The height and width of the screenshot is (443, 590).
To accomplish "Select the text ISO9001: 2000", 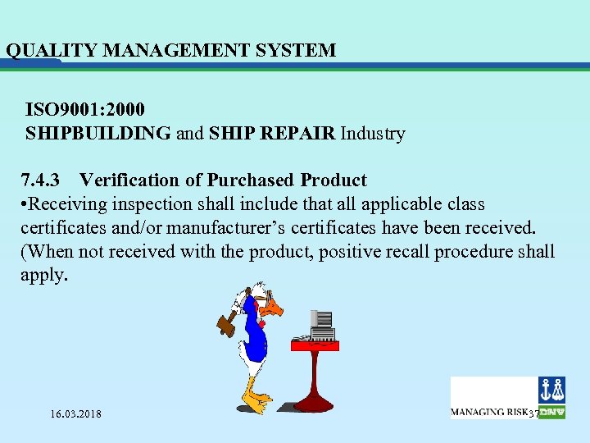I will [x=86, y=109].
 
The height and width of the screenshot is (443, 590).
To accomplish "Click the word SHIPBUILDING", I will [x=98, y=133].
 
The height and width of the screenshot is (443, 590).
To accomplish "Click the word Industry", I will [x=373, y=133].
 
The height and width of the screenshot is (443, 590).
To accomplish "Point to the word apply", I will [x=43, y=275].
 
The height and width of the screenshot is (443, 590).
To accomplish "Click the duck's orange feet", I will [x=258, y=401].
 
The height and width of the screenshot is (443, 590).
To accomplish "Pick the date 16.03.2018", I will [x=75, y=414].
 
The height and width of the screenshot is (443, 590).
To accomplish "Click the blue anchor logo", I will [x=551, y=389].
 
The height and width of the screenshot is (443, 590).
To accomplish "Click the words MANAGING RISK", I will [x=488, y=411].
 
